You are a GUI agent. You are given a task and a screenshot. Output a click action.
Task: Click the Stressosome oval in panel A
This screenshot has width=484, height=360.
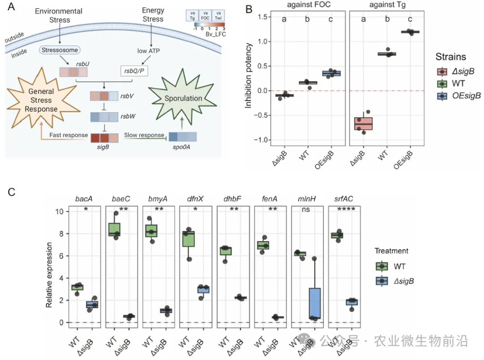pyautogui.click(x=60, y=50)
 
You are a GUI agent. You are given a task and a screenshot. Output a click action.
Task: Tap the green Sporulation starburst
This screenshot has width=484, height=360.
pyautogui.click(x=184, y=98)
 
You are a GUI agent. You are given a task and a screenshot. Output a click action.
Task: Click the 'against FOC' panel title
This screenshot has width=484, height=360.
pyautogui.click(x=309, y=5)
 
